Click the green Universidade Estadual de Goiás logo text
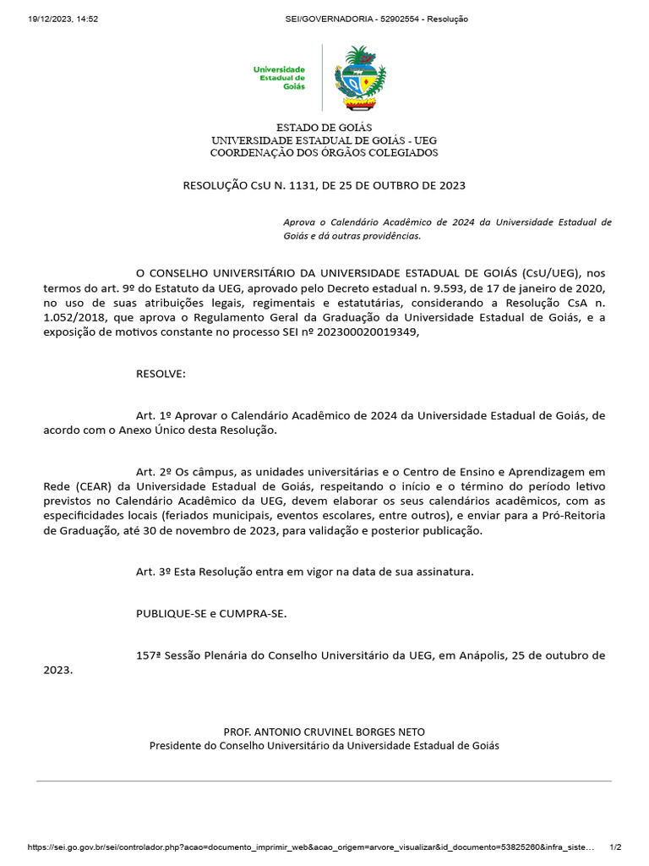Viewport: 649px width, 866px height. click(x=280, y=78)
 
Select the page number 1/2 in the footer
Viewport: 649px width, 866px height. click(x=615, y=847)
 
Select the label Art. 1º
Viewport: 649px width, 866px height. click(x=154, y=415)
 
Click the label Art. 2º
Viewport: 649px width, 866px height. click(x=154, y=470)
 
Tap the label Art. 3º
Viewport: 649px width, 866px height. click(x=154, y=572)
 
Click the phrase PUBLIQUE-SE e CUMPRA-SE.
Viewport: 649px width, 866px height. click(x=211, y=613)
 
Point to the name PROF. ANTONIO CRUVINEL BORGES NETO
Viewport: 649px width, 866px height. click(x=324, y=732)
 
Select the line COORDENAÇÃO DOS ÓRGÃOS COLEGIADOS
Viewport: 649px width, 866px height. click(x=324, y=153)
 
